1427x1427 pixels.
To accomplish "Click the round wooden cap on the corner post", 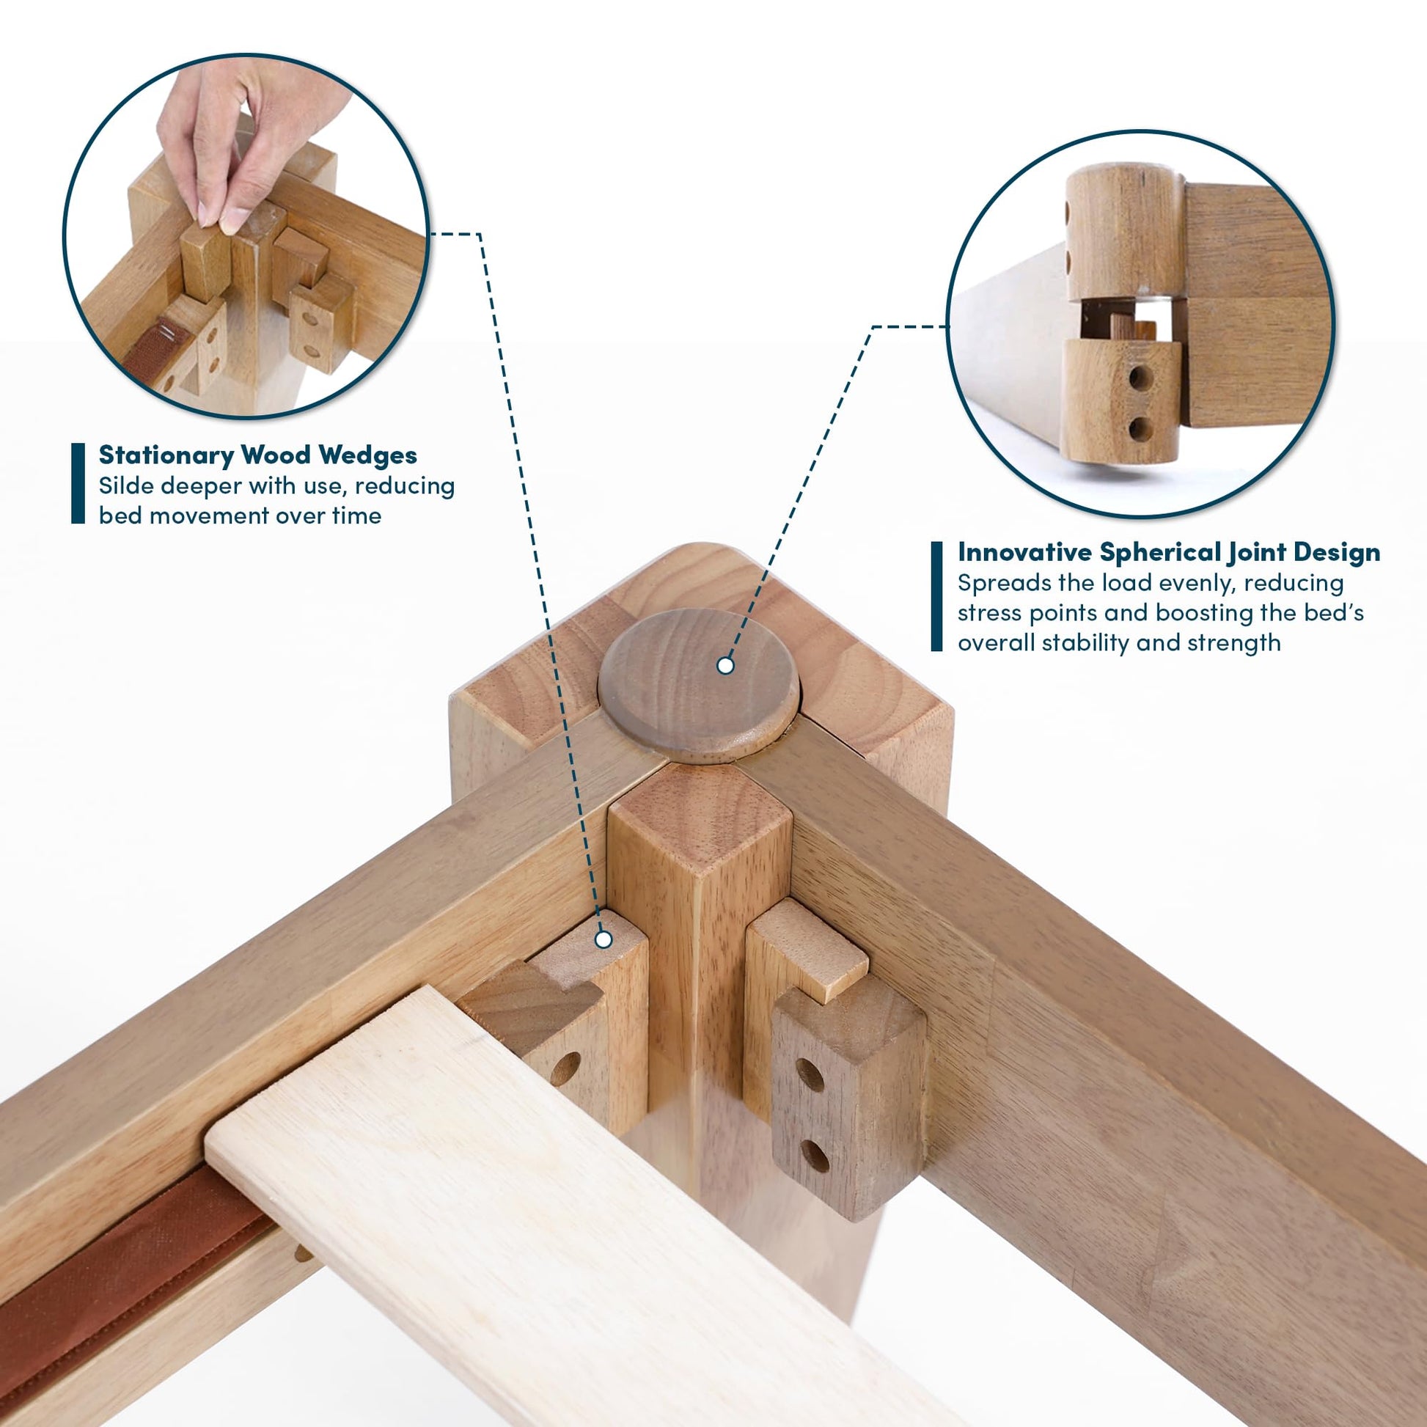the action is (699, 685).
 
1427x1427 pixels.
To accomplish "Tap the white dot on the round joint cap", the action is (725, 666).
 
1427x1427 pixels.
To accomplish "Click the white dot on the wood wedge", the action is (604, 939).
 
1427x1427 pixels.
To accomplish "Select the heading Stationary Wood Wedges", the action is (258, 455).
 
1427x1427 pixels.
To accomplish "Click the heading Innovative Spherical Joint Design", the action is (1168, 552).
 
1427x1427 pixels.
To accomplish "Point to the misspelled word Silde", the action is (128, 486).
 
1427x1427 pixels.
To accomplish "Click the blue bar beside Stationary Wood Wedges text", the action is (78, 483).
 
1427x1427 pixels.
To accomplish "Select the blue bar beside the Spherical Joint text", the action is (936, 597).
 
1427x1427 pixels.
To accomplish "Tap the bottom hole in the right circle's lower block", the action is (1140, 428).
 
